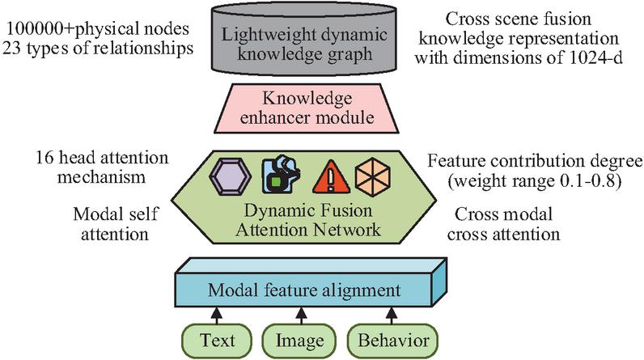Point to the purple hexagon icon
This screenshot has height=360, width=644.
point(233,172)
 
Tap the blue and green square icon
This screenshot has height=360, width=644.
point(280,172)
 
